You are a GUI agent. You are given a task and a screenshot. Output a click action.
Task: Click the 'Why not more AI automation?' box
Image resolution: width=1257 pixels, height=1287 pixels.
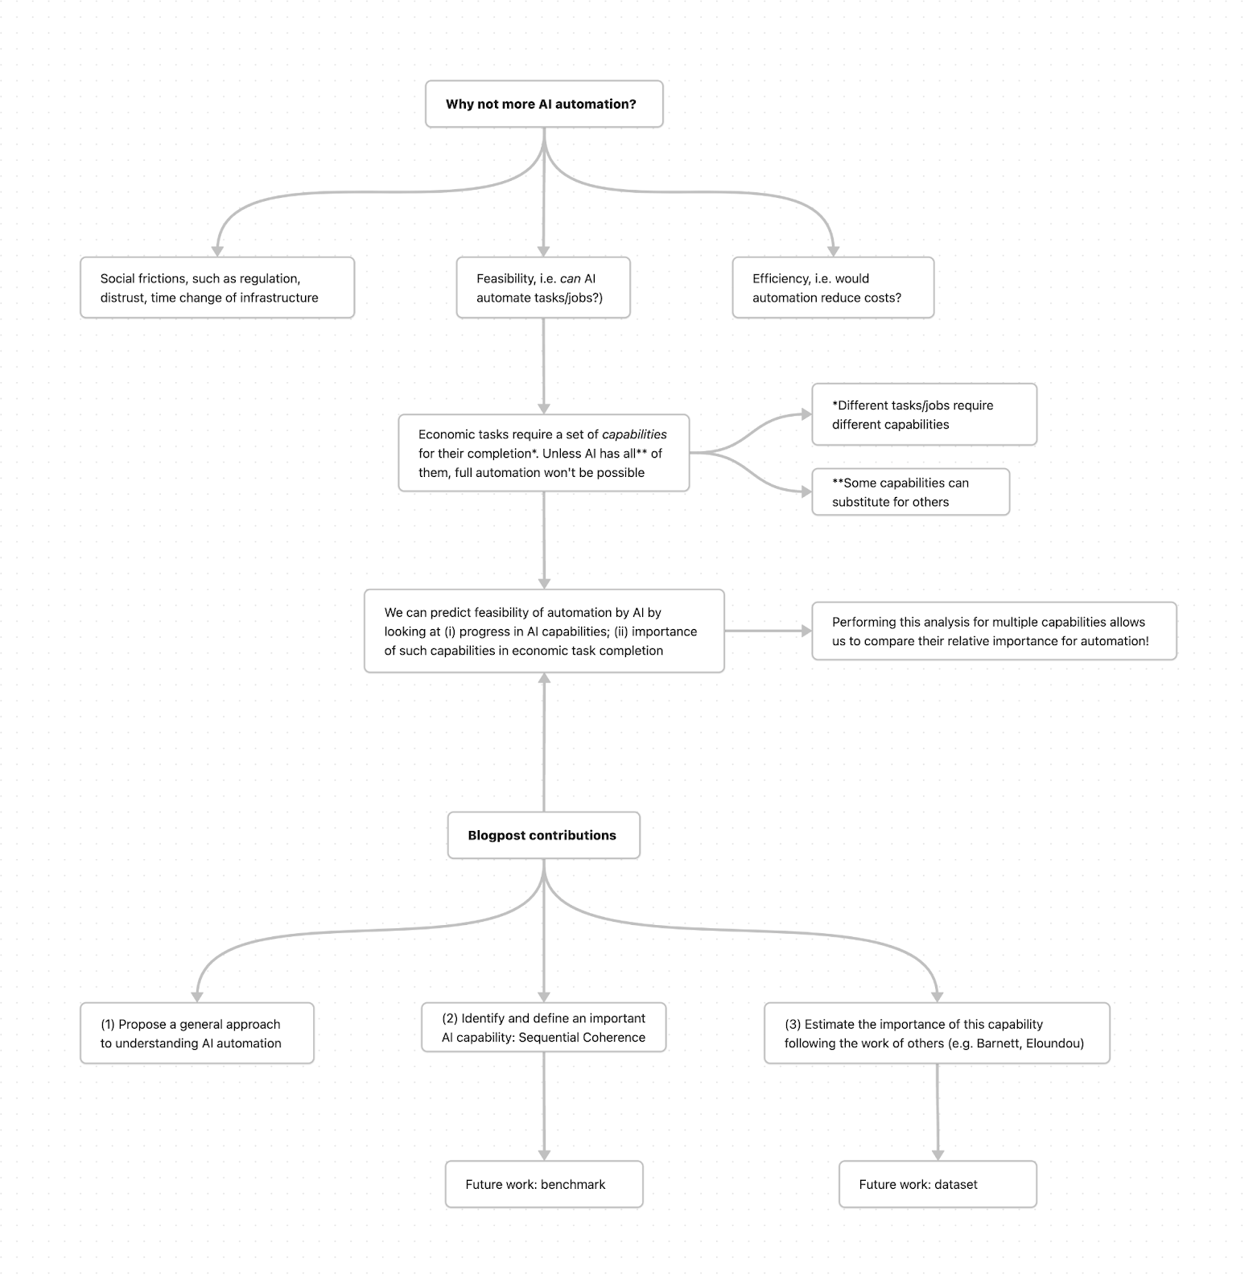tap(544, 104)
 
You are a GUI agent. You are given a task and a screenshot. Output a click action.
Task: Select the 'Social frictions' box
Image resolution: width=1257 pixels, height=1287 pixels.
tap(217, 288)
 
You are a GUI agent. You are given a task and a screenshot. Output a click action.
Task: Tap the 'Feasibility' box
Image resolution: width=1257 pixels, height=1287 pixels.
tap(543, 288)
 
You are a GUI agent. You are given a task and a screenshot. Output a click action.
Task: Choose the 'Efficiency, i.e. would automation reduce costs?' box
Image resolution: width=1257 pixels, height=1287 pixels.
tap(833, 288)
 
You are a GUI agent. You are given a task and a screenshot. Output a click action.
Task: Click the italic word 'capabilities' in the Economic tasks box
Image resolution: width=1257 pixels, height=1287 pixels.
tap(634, 434)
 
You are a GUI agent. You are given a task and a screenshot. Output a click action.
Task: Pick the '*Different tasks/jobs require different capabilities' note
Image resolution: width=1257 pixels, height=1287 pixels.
tap(924, 414)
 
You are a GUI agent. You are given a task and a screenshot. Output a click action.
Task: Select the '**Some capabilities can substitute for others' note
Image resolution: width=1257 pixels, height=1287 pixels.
tap(910, 491)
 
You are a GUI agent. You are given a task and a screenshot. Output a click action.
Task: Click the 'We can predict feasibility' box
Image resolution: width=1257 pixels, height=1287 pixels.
tap(544, 631)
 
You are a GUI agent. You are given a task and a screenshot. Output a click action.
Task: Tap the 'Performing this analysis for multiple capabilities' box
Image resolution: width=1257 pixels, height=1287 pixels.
tap(994, 631)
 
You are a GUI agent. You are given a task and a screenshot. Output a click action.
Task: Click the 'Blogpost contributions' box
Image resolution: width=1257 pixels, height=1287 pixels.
tap(544, 835)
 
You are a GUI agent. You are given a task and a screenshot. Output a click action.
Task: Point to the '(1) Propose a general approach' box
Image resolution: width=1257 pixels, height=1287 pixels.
tap(197, 1034)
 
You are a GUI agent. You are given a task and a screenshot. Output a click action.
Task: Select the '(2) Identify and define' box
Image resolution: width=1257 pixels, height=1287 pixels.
tap(544, 1027)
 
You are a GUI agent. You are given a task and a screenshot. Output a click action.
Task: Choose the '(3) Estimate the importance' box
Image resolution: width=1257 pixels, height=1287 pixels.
tap(937, 1034)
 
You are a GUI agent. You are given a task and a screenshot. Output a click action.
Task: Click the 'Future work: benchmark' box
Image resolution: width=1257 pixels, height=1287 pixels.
tap(544, 1184)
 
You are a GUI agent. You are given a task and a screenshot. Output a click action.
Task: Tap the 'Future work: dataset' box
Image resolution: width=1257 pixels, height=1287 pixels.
tap(938, 1184)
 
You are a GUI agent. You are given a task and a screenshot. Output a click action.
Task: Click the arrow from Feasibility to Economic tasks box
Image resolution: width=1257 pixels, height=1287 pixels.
tap(544, 366)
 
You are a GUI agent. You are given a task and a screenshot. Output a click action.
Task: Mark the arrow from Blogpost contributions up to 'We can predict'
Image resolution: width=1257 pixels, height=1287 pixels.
tap(544, 742)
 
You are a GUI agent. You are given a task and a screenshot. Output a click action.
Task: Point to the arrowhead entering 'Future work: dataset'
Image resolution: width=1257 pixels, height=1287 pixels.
tap(938, 1155)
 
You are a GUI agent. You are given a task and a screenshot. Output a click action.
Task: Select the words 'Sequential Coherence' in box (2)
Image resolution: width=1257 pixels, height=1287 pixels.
tap(582, 1038)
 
